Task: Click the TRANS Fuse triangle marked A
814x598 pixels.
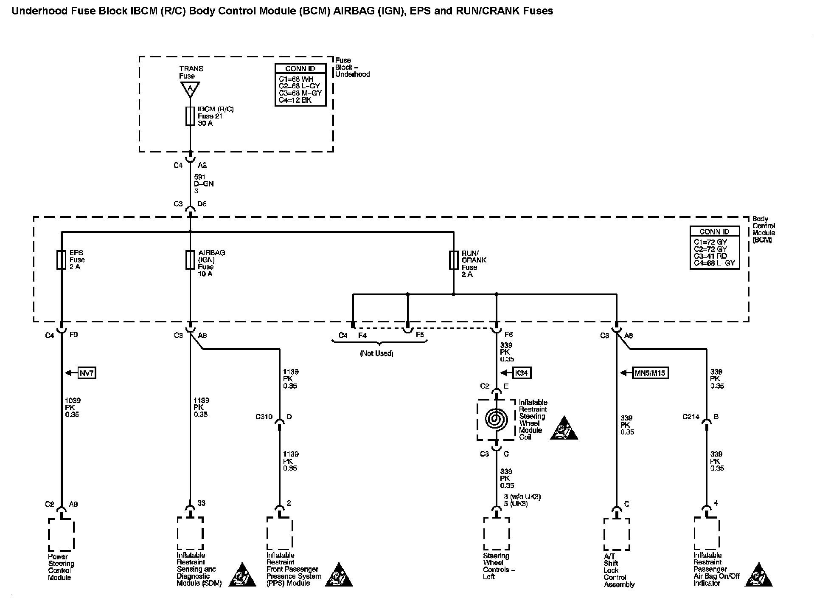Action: [190, 89]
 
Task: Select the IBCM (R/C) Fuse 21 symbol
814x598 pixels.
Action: [190, 116]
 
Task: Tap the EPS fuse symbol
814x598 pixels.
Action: [62, 260]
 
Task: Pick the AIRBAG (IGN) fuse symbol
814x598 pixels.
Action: [190, 260]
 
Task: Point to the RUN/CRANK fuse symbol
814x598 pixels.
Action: [454, 260]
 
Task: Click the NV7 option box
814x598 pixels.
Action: [87, 373]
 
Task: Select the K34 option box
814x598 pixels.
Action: [522, 373]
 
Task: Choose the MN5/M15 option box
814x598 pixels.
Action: [650, 373]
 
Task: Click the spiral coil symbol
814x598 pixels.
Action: [496, 419]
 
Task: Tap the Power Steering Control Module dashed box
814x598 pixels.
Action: [61, 534]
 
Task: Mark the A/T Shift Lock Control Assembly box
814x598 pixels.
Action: [616, 534]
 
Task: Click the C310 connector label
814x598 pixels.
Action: [264, 417]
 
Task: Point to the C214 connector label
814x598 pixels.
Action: [690, 417]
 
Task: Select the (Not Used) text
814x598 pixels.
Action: [376, 353]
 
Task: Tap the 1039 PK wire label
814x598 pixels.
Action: [72, 407]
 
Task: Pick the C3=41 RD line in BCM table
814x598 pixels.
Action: [710, 256]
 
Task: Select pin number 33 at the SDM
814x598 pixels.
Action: [201, 503]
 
